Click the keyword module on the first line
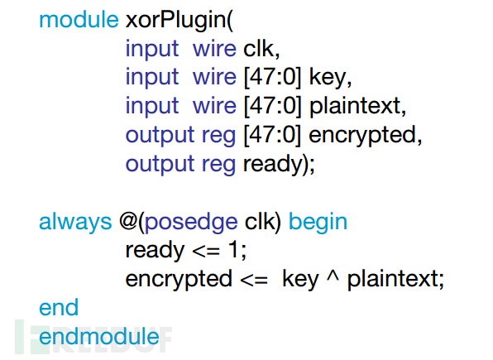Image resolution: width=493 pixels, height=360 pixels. click(x=79, y=20)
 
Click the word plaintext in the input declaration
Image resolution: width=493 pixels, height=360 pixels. click(x=355, y=107)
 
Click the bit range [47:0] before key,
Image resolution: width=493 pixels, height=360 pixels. click(x=273, y=78)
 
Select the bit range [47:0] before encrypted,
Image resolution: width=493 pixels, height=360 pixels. click(x=273, y=136)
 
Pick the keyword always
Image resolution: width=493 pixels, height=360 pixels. click(x=75, y=223)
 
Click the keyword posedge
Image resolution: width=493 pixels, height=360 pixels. click(x=191, y=223)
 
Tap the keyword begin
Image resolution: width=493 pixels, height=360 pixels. click(x=318, y=223)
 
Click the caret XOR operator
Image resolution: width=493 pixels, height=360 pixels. click(x=333, y=275)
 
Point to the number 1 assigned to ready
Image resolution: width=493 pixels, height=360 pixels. click(x=232, y=250)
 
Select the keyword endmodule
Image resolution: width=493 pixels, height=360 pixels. click(x=99, y=337)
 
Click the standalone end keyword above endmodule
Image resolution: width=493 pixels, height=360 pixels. click(x=59, y=307)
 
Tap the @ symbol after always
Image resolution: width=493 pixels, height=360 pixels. click(x=127, y=221)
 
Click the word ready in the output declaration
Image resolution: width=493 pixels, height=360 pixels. click(x=273, y=165)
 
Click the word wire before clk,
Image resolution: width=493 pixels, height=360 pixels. click(x=214, y=49)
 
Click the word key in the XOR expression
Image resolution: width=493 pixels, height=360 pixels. click(x=300, y=280)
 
